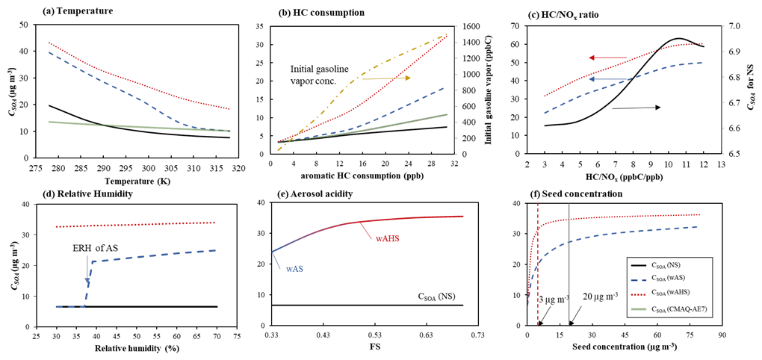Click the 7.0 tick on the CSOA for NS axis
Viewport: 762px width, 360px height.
[x=727, y=26]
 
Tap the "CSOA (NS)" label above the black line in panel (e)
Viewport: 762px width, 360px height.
[x=442, y=297]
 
